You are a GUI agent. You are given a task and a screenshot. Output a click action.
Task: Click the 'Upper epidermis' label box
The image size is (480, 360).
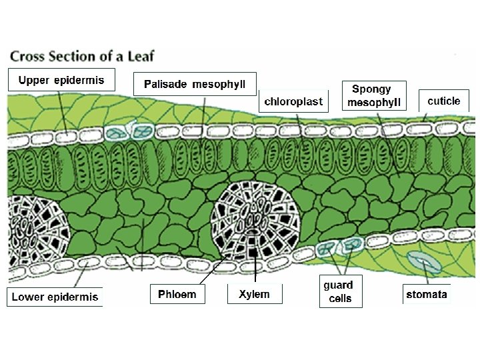tap(61, 81)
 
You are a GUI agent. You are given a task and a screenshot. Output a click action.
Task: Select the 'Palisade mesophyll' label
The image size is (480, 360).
tap(195, 84)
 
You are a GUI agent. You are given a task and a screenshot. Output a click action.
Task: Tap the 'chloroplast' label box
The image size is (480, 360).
tap(293, 101)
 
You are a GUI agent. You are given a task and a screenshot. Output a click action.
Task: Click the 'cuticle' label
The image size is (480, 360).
tap(443, 101)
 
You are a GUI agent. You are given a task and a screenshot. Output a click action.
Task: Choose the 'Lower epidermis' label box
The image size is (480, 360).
tap(55, 297)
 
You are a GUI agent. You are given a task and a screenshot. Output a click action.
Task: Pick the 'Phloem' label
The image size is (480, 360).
tap(177, 294)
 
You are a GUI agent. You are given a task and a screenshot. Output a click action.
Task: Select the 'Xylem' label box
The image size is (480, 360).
tap(254, 294)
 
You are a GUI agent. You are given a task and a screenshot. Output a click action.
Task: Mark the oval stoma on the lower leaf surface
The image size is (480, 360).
tap(425, 263)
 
